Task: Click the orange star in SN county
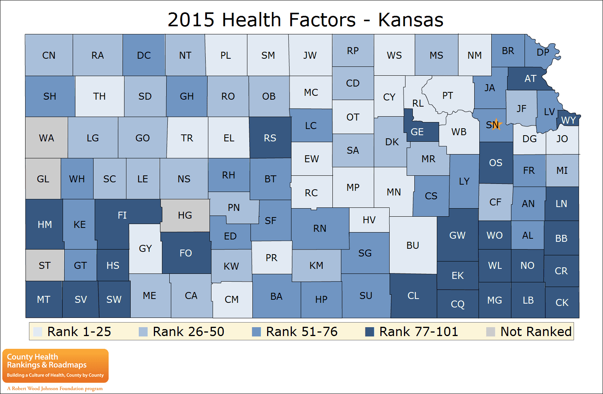(x=496, y=124)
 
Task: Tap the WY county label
(x=568, y=120)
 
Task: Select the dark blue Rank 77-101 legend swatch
(x=370, y=332)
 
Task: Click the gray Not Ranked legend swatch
(x=491, y=332)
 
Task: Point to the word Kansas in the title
(x=411, y=20)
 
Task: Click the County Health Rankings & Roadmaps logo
(x=55, y=365)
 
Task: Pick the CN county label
(x=49, y=55)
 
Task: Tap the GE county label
(x=417, y=132)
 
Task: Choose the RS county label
(x=270, y=138)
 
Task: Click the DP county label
(x=543, y=52)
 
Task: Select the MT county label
(x=43, y=299)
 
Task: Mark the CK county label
(x=562, y=302)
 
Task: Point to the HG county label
(x=185, y=215)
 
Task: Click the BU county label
(x=412, y=245)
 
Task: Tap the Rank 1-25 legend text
(x=79, y=332)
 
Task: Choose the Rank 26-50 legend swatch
(x=143, y=332)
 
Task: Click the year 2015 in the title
(x=191, y=20)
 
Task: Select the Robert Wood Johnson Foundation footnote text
(x=55, y=389)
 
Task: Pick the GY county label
(x=145, y=248)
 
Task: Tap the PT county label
(x=447, y=95)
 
